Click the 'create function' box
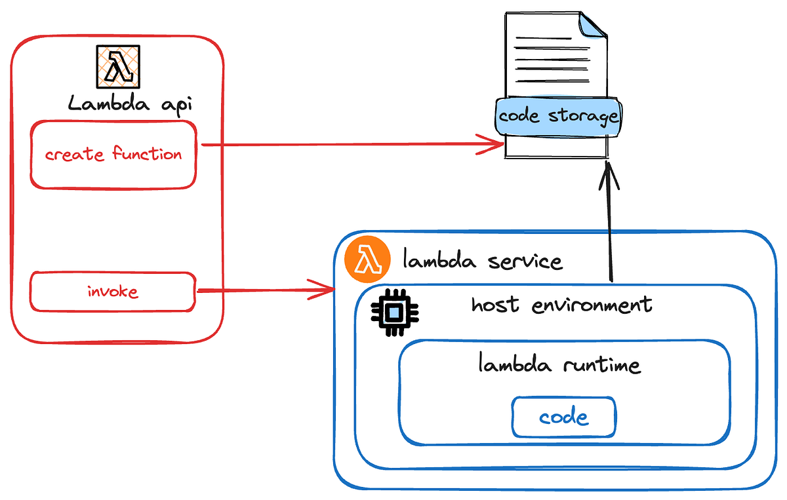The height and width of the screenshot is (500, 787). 113,155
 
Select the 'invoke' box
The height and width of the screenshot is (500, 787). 113,291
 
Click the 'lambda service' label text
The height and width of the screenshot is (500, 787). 483,261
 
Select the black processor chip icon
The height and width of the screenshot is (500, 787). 393,313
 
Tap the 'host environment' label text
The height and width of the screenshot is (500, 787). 561,305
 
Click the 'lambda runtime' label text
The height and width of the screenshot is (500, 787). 559,364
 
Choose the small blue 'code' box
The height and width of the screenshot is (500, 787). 563,417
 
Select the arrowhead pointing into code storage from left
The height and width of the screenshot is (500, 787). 492,145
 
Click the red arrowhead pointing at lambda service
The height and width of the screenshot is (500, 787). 324,289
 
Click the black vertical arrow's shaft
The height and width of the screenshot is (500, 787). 611,229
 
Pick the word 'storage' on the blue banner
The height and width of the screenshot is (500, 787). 583,117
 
